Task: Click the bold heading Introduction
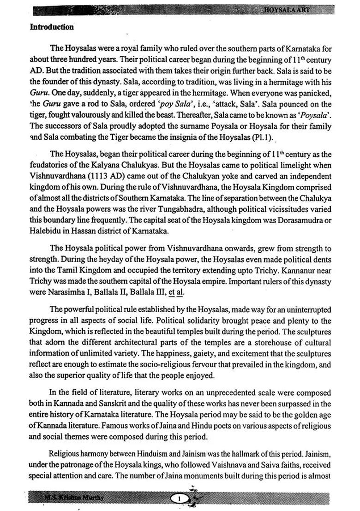pyautogui.click(x=52, y=27)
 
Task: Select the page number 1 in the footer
pyautogui.click(x=180, y=498)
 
